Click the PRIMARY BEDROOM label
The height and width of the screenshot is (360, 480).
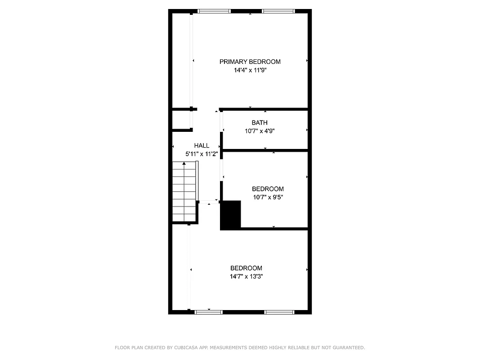pos(250,62)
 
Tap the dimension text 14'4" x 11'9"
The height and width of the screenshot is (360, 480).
pos(250,70)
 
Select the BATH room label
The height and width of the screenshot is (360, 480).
pos(259,122)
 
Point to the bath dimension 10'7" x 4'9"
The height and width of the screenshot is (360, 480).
pos(259,131)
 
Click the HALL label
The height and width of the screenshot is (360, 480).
pos(202,145)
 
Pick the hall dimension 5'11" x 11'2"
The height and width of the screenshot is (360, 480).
pos(202,154)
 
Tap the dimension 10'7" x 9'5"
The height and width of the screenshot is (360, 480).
pos(268,197)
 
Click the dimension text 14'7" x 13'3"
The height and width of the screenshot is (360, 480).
pos(246,277)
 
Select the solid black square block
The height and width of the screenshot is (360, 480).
pos(231,215)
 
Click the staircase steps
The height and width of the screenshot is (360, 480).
pos(184,193)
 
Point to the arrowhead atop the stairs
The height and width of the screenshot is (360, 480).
pos(184,164)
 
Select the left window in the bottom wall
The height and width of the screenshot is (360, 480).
pos(208,311)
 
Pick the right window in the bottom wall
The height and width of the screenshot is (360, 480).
pos(279,311)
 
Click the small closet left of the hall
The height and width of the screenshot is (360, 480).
pos(181,120)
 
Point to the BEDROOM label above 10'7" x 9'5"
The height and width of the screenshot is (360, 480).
pos(268,189)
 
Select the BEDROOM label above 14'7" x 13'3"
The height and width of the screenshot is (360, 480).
pos(246,268)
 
